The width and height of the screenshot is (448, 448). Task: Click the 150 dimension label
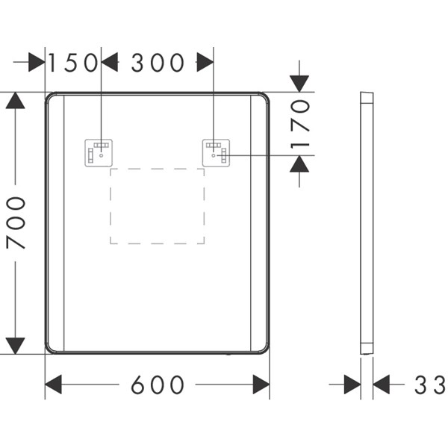coord(73,63)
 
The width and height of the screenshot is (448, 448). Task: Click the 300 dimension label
coord(158,63)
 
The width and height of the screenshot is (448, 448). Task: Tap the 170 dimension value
coord(300,124)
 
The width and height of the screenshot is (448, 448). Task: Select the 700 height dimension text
coord(16,223)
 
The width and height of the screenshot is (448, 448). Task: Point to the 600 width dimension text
coord(158,385)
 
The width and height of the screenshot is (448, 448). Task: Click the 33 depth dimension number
coord(430,385)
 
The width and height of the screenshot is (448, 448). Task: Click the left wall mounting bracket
coord(99,153)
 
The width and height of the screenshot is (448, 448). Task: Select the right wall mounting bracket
coord(216,153)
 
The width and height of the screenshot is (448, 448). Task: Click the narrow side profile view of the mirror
coord(367,223)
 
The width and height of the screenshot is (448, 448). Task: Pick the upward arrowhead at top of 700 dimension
coord(16,100)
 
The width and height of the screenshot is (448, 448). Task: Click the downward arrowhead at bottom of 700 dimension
coord(16,346)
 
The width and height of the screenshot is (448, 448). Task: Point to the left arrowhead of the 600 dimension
coord(54,385)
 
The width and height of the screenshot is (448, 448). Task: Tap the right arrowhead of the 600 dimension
coord(261,385)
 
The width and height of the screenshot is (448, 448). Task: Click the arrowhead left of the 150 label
coord(37,62)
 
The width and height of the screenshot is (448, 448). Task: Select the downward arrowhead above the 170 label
coord(299,84)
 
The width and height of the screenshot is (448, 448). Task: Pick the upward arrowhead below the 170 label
coord(299,164)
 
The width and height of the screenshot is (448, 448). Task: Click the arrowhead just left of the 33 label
coord(381,385)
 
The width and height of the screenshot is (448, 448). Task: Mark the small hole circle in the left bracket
coord(101,155)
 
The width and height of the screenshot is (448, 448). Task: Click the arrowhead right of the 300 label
coord(205,62)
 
